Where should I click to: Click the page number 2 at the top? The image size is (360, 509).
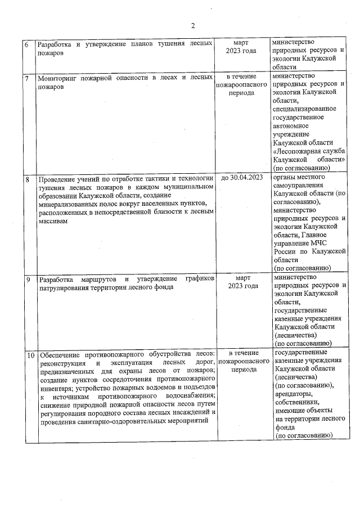pos(192,25)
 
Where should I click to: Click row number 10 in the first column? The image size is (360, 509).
pos(30,355)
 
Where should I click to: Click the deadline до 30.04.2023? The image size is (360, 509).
pos(242,178)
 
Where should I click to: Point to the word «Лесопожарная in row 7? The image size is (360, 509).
pos(298,151)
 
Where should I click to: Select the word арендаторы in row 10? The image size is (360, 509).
pos(293,394)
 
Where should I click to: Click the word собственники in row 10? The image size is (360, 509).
pos(296,402)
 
